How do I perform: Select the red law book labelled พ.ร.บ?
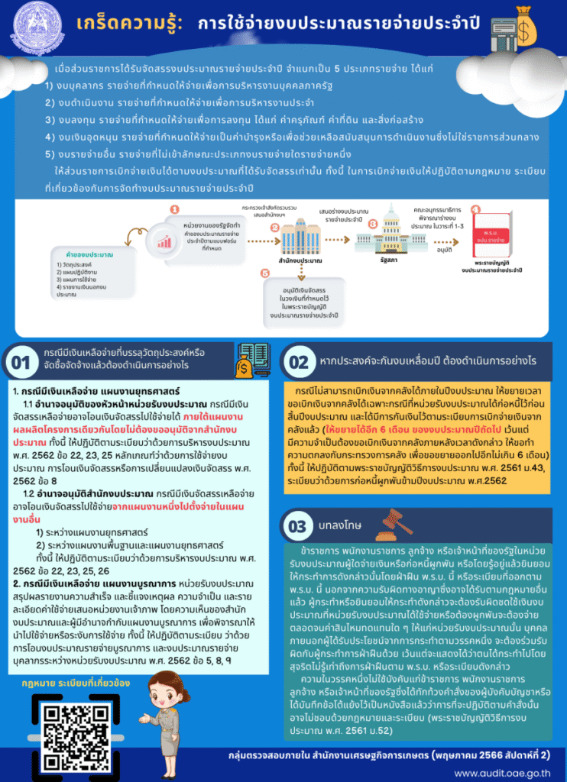[497, 234]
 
